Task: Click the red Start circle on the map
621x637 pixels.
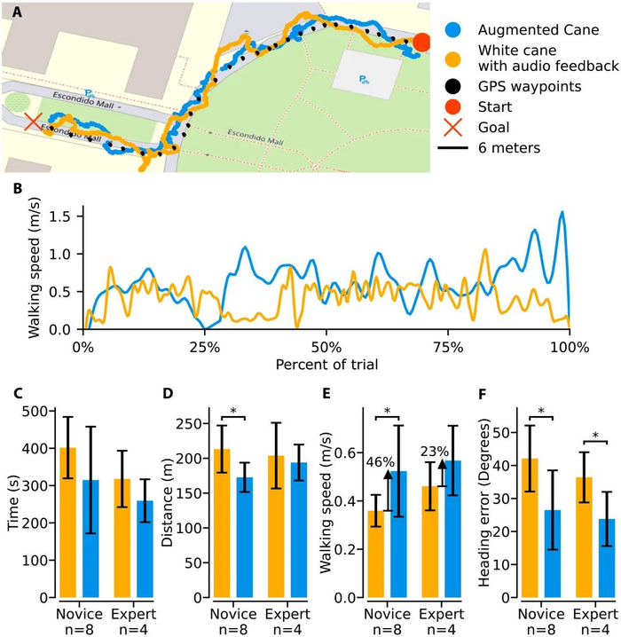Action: [x=422, y=42]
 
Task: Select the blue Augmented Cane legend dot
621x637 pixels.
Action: [x=452, y=28]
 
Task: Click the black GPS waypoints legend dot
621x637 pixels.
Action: [x=452, y=86]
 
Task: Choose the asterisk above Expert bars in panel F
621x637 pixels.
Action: [x=594, y=436]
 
